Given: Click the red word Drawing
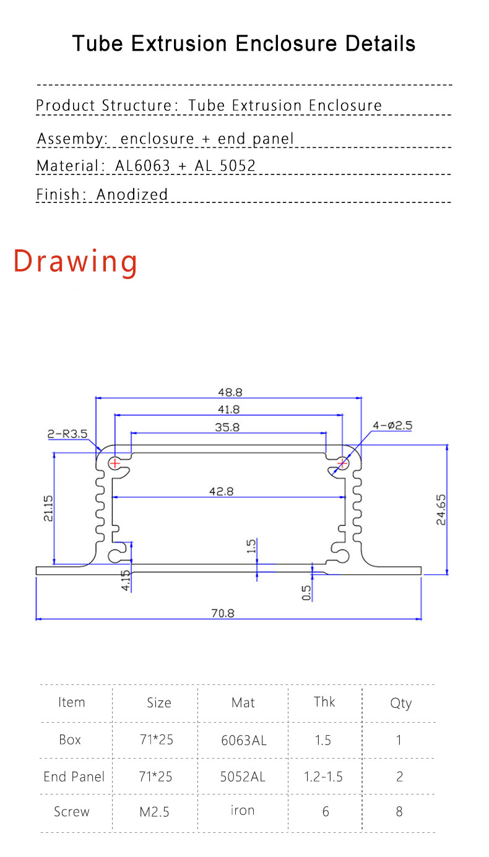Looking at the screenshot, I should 76,261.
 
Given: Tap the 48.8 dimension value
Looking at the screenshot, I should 229,392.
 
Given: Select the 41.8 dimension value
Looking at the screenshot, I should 229,409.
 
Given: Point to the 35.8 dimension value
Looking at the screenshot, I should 227,426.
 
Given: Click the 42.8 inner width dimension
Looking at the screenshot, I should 221,491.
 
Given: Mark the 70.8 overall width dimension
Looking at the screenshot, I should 223,613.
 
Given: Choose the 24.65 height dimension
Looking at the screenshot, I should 441,509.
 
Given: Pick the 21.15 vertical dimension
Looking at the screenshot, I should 48,508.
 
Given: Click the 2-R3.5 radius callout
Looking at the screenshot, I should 67,434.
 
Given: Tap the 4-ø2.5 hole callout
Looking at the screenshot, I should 392,426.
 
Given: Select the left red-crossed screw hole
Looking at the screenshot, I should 115,462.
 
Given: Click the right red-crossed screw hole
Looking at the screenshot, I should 342,462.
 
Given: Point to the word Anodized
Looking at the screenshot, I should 132,194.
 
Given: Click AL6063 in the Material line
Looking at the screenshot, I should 142,165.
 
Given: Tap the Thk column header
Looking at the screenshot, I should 324,701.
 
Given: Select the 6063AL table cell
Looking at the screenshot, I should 243,740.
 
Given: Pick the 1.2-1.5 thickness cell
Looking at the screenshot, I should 323,777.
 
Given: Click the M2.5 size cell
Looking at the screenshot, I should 155,812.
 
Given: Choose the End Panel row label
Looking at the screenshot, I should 74,777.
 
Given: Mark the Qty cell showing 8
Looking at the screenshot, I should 399,811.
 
